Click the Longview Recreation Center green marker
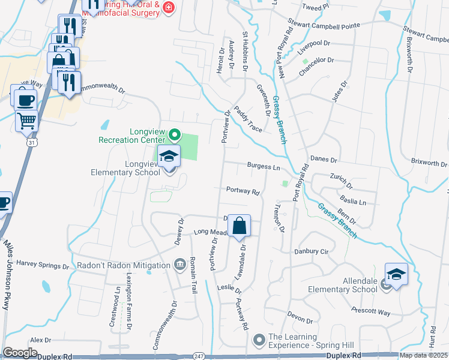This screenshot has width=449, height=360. [175, 133]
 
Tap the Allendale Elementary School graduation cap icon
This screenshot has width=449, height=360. [396, 274]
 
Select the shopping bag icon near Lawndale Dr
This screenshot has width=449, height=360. [239, 226]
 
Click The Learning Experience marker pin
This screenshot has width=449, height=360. [259, 340]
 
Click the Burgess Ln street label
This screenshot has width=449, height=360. [264, 166]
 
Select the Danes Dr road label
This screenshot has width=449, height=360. [324, 160]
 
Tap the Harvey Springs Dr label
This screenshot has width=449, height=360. [43, 264]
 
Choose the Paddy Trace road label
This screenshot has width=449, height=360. [249, 119]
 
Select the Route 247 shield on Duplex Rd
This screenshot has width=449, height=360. [199, 356]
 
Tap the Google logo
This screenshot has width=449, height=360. [20, 352]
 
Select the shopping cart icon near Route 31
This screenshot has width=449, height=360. [26, 121]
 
